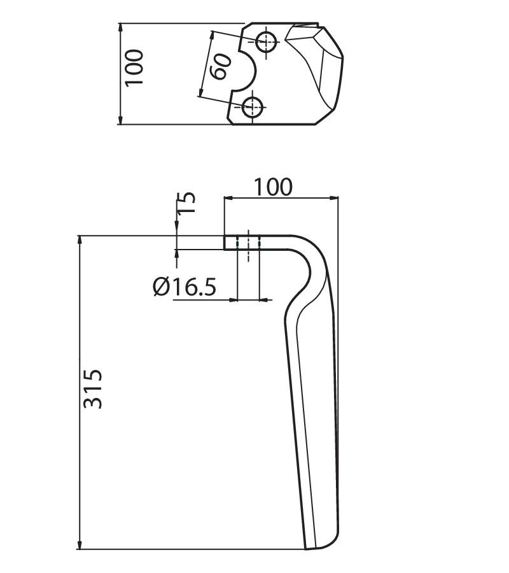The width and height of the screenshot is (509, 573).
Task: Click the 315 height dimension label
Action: point(93,388)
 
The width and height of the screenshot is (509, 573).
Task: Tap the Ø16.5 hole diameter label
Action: point(185,286)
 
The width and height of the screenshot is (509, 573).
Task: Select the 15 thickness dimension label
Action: point(186,202)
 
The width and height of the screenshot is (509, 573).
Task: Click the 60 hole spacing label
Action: point(221,66)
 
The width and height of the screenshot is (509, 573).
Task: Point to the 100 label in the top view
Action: point(134,67)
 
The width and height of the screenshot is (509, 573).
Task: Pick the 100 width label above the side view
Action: point(273,187)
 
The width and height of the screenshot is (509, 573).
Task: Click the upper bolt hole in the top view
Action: point(266,41)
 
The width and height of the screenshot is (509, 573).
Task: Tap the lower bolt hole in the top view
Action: point(253,107)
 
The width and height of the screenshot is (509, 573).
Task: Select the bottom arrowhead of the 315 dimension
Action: point(80,544)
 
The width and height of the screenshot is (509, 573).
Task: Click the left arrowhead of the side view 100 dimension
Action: point(229,198)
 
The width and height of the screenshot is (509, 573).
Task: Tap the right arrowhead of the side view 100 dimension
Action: point(333,198)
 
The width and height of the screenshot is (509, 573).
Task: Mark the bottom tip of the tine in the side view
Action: point(306,549)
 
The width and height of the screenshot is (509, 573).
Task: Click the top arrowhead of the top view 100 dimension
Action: point(121,29)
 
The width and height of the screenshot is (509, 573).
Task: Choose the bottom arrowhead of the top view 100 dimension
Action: point(121,119)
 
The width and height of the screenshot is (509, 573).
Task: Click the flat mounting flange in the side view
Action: point(256,243)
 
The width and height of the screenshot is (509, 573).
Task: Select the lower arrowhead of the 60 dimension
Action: point(200,91)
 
